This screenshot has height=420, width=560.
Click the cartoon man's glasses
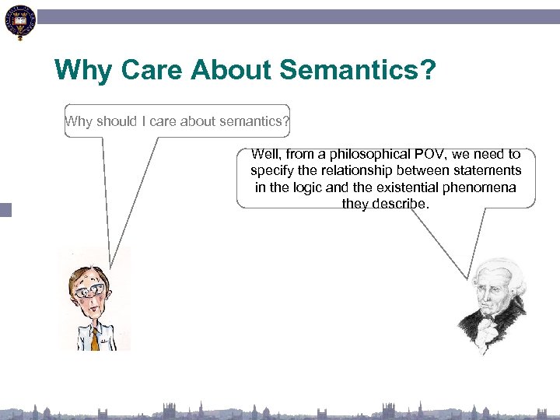coord(89,289)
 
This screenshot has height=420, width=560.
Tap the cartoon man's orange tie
coord(96,338)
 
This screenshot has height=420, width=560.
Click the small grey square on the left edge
coord(5,209)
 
